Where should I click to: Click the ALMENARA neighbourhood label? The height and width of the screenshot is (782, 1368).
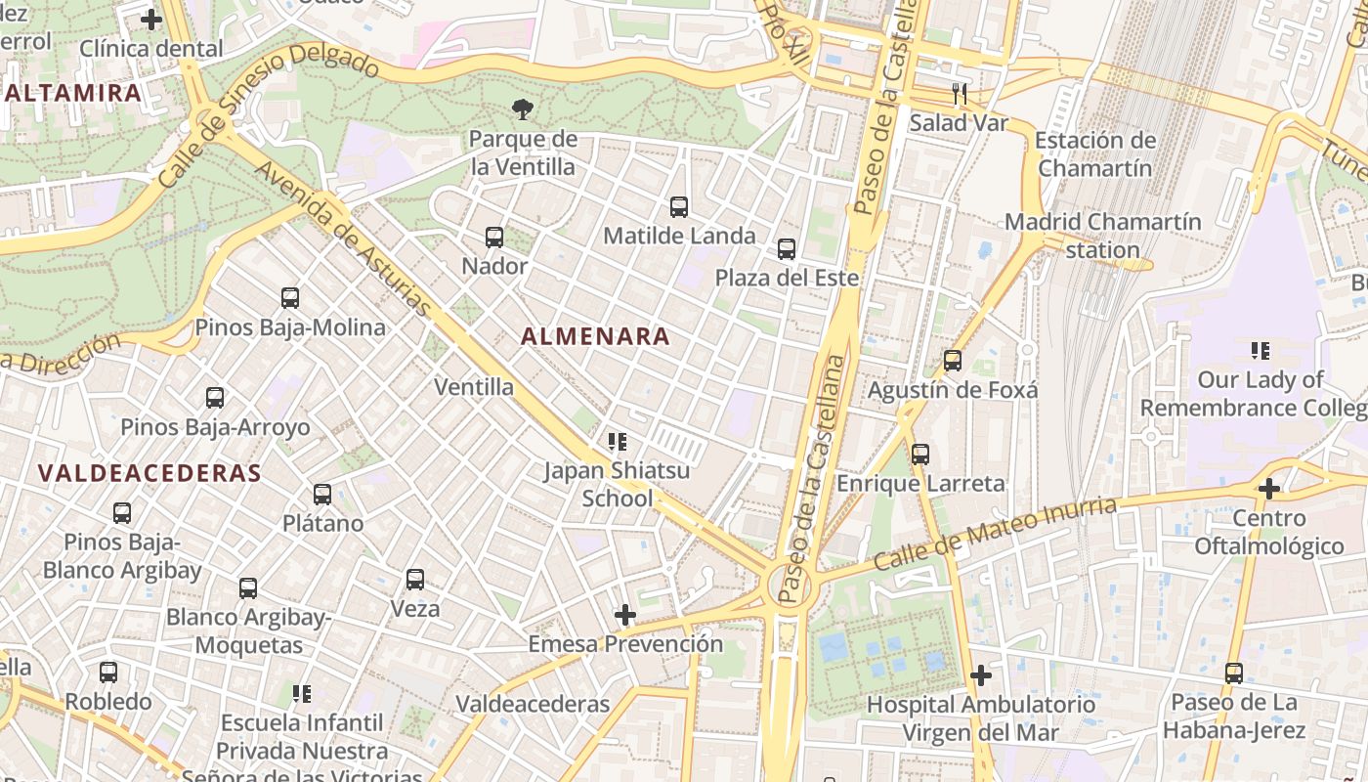[595, 336]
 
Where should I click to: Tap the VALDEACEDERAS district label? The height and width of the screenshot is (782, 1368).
[150, 474]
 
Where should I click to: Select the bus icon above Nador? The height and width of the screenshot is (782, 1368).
[494, 237]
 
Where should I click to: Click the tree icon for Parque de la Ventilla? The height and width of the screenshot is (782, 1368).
[523, 109]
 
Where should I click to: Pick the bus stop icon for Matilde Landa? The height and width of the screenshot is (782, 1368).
[679, 206]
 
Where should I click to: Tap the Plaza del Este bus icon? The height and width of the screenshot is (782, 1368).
[787, 249]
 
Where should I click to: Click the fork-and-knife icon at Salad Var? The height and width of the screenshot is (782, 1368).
[960, 94]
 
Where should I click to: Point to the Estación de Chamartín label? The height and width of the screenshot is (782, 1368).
[1094, 154]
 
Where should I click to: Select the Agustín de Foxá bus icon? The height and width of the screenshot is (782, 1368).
[953, 361]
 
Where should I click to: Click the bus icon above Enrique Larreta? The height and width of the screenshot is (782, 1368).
[920, 455]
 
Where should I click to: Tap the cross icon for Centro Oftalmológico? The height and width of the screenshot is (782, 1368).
[1268, 489]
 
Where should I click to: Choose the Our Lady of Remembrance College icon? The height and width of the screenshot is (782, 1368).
[1261, 350]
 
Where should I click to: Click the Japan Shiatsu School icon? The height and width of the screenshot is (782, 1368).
[617, 442]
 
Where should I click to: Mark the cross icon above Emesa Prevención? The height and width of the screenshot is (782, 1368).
[625, 615]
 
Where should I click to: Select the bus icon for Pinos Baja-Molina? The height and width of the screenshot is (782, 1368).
[290, 298]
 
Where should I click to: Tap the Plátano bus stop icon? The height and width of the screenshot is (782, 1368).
[322, 495]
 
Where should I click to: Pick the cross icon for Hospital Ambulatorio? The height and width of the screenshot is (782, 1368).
[981, 675]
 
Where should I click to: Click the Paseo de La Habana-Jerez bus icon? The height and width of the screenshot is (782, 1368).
[1234, 673]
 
